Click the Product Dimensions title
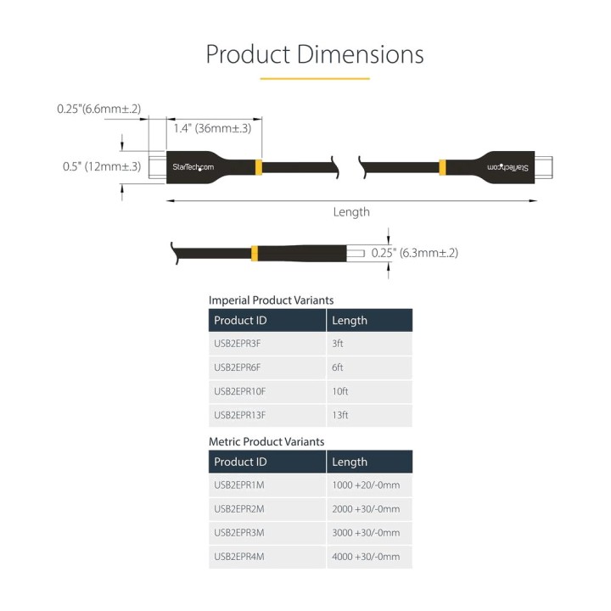(315, 53)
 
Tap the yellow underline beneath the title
(315, 78)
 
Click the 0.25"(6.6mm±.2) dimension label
(99, 109)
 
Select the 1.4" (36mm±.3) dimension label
(212, 128)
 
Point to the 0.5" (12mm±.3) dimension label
(102, 166)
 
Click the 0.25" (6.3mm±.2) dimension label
(415, 253)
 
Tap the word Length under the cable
(351, 212)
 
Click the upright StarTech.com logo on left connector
(193, 167)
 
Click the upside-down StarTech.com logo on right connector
(507, 167)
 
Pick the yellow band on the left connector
(258, 167)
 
